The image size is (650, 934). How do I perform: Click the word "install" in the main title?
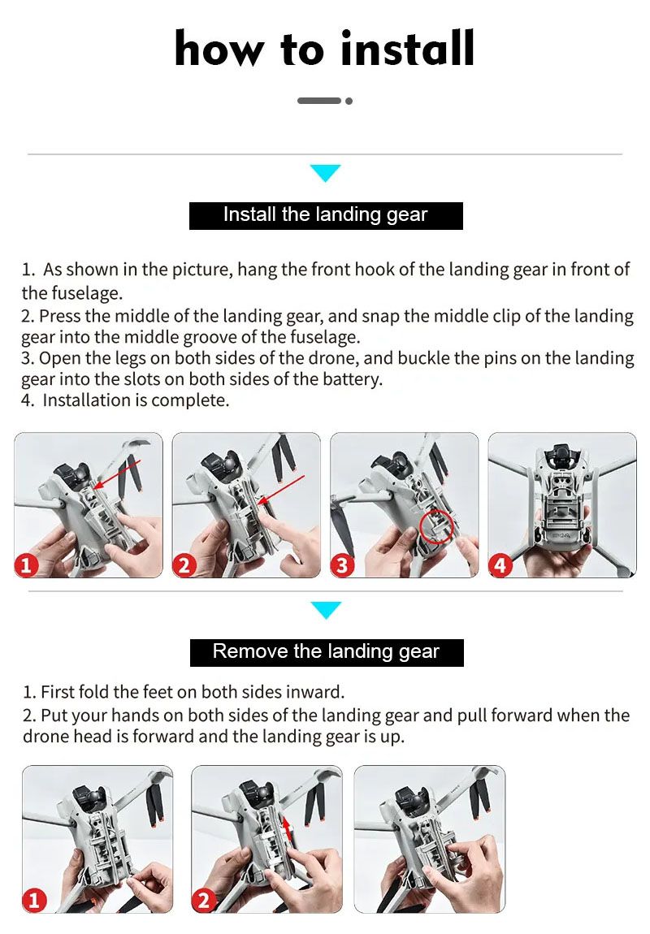(408, 48)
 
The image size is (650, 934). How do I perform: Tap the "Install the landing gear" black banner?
(326, 215)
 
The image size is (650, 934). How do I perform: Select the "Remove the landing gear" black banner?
(327, 652)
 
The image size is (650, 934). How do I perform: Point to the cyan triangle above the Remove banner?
(326, 610)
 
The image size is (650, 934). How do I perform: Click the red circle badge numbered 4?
(500, 564)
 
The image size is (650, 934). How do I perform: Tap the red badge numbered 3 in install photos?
(342, 564)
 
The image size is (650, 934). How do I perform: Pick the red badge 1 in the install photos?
(26, 565)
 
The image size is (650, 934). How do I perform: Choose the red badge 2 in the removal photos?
(203, 900)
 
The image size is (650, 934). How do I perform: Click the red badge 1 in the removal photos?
(34, 900)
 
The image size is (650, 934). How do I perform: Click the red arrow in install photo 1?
(117, 474)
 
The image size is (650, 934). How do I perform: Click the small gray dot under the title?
(349, 101)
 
